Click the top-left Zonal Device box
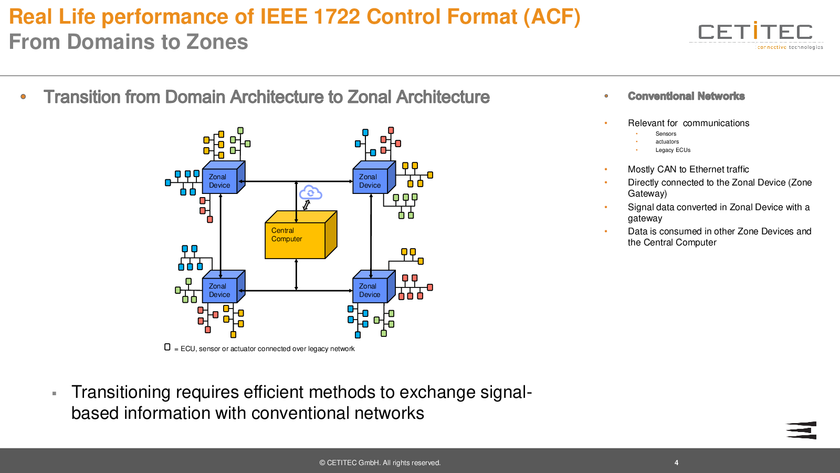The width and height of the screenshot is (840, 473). click(220, 181)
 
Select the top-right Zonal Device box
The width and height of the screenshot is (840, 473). click(370, 181)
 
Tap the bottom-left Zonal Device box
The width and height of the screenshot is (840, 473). click(220, 290)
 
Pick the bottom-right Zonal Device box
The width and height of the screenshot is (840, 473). click(370, 290)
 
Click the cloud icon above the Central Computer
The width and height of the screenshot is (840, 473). click(311, 193)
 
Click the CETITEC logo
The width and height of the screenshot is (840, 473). click(755, 35)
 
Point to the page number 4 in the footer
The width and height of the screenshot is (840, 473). click(676, 463)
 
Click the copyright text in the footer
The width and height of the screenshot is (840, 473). click(380, 463)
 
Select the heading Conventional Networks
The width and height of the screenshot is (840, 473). click(686, 96)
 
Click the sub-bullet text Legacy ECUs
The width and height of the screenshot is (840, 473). click(673, 150)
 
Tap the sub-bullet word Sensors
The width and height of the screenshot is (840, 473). click(666, 134)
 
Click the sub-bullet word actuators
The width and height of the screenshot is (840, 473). click(667, 142)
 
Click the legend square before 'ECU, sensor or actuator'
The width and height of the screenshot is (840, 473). click(167, 347)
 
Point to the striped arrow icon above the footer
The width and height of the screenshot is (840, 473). click(801, 430)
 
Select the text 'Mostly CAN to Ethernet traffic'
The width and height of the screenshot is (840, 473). click(688, 169)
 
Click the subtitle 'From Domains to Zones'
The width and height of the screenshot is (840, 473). click(129, 42)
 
